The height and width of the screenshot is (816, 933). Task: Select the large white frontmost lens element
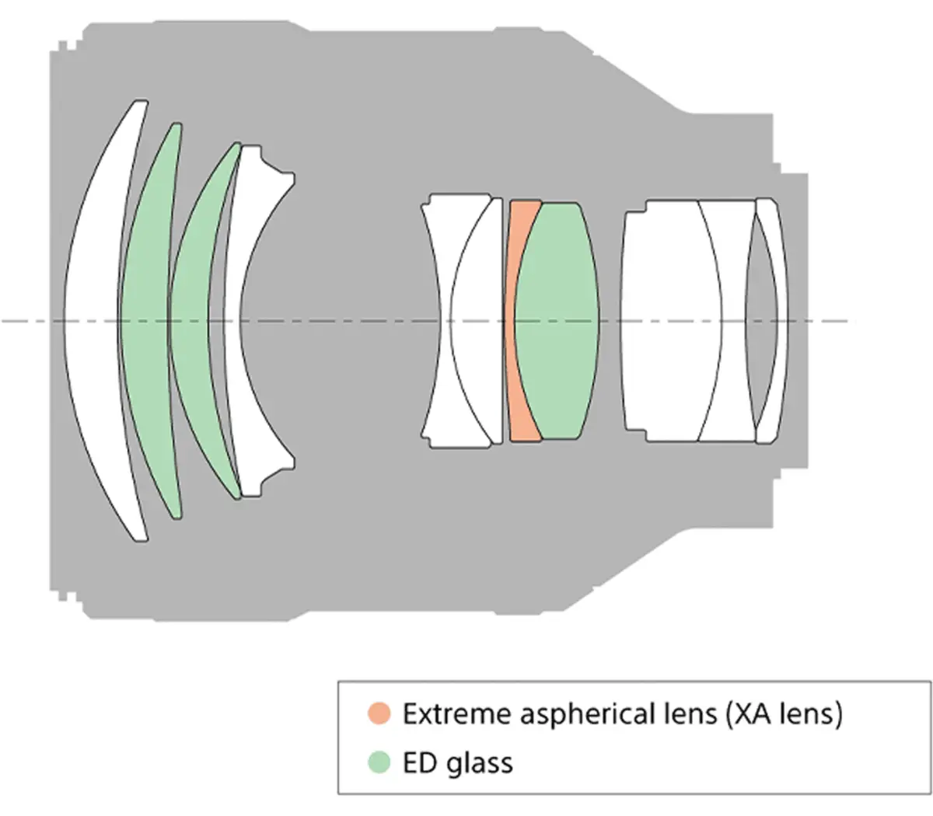pyautogui.click(x=91, y=319)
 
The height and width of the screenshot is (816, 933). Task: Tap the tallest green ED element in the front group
pyautogui.click(x=146, y=319)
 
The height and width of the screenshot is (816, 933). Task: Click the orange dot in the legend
pyautogui.click(x=379, y=713)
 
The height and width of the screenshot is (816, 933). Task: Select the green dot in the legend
pyautogui.click(x=379, y=762)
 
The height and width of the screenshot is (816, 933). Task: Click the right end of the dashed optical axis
pyautogui.click(x=855, y=321)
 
